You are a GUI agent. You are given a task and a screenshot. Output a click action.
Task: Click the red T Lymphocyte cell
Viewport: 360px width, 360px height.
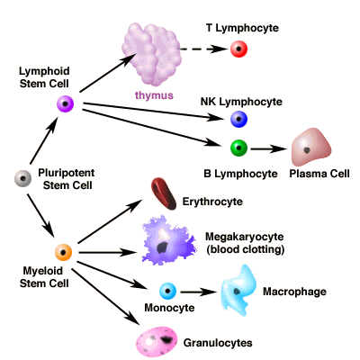pos(238,49)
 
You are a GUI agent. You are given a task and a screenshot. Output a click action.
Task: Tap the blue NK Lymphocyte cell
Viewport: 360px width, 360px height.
pos(238,118)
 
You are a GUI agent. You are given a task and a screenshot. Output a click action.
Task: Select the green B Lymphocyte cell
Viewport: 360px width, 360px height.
pos(238,147)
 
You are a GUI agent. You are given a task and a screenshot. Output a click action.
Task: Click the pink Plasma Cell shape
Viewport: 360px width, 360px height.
pos(310,145)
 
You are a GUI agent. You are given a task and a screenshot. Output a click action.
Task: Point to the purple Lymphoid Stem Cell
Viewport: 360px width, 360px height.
pos(65,105)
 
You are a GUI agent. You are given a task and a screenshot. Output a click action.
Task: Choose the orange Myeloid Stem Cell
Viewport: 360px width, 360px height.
pos(63,252)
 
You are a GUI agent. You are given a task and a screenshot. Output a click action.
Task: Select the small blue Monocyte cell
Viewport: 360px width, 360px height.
pos(167,292)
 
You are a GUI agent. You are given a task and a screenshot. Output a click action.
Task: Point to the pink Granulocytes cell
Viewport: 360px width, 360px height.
pos(158,340)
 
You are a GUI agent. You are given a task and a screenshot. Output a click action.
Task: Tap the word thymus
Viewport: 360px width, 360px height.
pos(154,94)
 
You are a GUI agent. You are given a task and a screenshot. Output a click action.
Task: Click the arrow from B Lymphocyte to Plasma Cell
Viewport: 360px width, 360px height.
pos(267,147)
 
